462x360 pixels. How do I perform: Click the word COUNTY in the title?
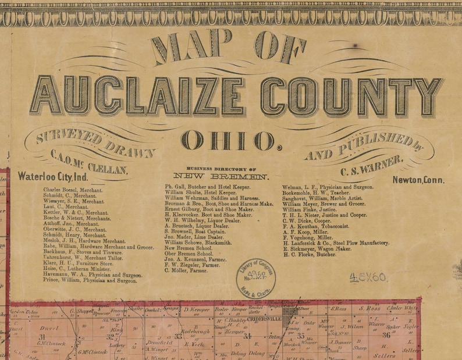[x=351, y=97]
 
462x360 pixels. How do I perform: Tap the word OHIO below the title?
[x=227, y=141]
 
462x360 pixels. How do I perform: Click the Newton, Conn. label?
[x=417, y=180]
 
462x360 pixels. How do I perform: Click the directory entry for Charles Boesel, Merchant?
[x=73, y=190]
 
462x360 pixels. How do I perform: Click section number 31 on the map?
[x=42, y=337]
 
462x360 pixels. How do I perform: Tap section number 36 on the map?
[x=386, y=334]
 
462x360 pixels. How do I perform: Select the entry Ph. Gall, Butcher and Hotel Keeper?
[x=207, y=187]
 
